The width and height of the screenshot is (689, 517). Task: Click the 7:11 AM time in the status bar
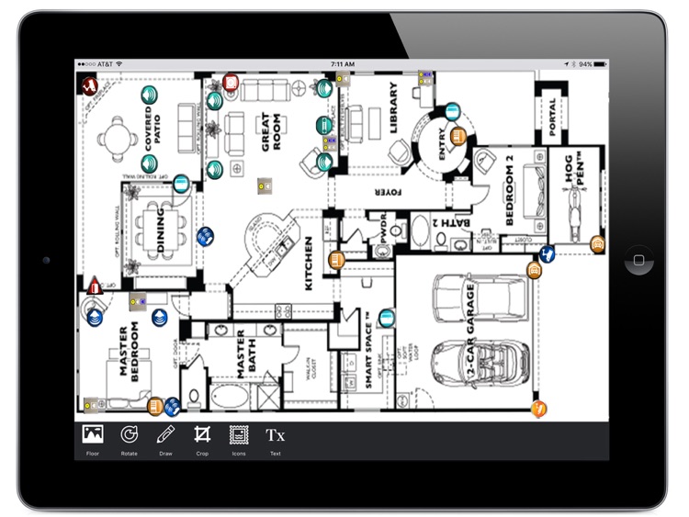coord(342,65)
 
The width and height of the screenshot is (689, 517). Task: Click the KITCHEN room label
coord(309,263)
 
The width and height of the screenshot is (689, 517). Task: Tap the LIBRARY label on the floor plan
coord(393,107)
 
